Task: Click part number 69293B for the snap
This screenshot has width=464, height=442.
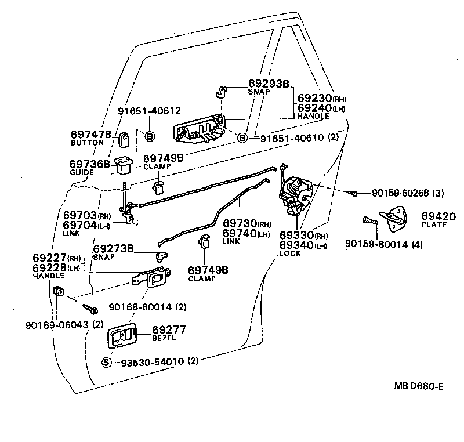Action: pos(268,84)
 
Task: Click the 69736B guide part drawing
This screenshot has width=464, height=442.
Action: pos(123,166)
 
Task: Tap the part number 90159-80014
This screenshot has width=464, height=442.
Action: pos(375,244)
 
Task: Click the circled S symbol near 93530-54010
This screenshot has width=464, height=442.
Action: pos(106,362)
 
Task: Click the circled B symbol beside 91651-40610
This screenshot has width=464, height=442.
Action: pos(242,137)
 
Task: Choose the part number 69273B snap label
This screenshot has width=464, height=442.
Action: pos(114,248)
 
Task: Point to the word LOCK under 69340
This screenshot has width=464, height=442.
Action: pos(289,253)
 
